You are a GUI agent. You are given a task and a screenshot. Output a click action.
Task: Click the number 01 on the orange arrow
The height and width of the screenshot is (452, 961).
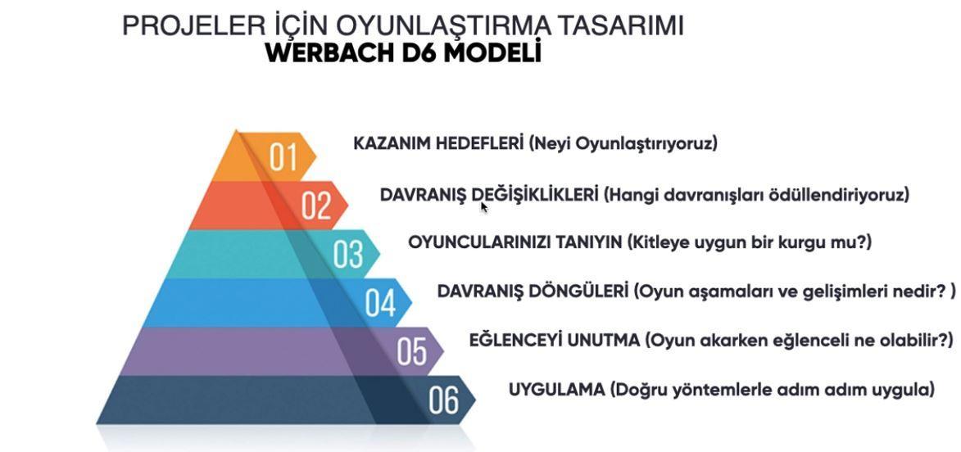(283, 156)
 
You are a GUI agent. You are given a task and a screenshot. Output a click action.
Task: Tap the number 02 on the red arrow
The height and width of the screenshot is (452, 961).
(316, 206)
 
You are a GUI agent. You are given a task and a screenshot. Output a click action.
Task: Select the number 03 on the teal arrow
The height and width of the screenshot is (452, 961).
(348, 254)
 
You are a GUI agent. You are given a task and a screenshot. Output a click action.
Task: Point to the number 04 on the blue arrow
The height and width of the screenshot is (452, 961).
(381, 302)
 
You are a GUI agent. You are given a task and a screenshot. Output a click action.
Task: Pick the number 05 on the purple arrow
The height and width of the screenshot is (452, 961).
(412, 351)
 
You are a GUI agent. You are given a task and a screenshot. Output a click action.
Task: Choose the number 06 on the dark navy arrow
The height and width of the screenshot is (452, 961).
(444, 400)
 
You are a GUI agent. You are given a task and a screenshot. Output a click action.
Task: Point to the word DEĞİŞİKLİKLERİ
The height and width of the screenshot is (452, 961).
(535, 195)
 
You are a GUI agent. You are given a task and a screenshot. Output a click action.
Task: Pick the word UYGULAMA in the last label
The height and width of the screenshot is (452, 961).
(556, 390)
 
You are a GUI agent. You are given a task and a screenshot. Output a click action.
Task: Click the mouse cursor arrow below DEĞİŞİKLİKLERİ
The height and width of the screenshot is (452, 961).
(484, 207)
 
